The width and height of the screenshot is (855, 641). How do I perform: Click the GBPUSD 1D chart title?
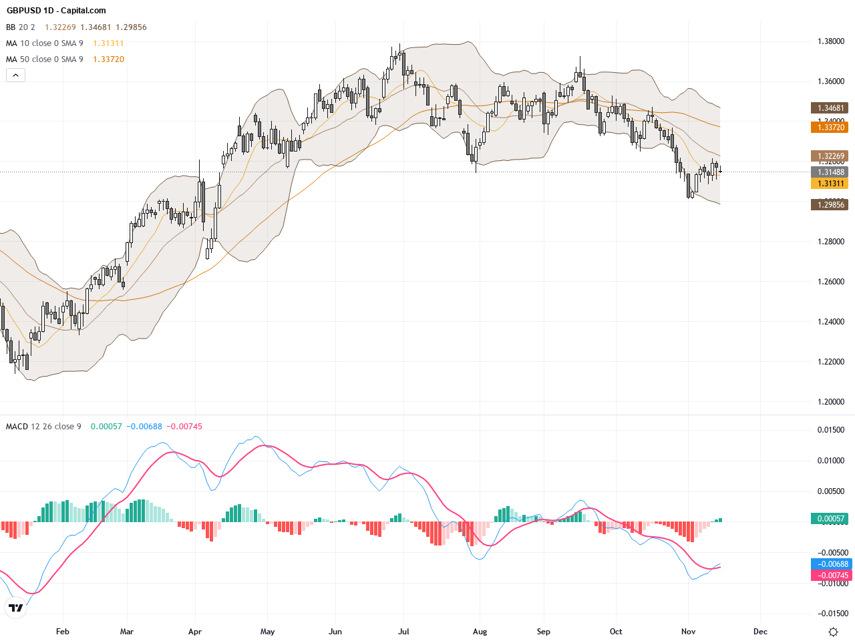click(56, 11)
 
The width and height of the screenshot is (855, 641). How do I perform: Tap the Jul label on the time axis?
click(403, 632)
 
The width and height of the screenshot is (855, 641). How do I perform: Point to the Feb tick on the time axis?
click(63, 632)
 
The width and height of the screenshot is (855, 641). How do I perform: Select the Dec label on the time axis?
click(760, 632)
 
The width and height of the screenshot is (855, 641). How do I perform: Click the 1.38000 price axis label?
click(831, 41)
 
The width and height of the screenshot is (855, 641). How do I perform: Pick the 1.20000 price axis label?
click(831, 402)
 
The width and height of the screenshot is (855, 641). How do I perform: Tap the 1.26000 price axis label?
click(831, 282)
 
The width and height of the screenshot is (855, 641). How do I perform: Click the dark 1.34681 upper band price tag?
click(829, 108)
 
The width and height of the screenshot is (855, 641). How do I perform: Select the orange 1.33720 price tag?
click(829, 127)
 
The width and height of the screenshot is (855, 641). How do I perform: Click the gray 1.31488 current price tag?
click(829, 172)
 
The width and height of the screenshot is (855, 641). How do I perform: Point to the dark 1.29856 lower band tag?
click(829, 205)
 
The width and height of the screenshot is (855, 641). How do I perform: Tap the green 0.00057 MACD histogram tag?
click(829, 519)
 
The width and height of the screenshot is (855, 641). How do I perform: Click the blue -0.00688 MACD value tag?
click(831, 564)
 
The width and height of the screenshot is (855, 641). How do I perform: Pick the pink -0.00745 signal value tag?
click(831, 575)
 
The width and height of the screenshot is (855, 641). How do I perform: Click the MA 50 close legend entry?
click(45, 59)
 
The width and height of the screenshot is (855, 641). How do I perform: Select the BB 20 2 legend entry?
click(21, 27)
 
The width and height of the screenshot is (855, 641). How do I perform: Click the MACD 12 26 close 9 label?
click(43, 427)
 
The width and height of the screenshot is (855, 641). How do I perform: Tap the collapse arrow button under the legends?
click(15, 75)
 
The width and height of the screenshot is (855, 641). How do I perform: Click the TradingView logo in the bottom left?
click(16, 608)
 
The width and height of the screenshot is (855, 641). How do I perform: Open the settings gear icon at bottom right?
click(833, 632)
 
